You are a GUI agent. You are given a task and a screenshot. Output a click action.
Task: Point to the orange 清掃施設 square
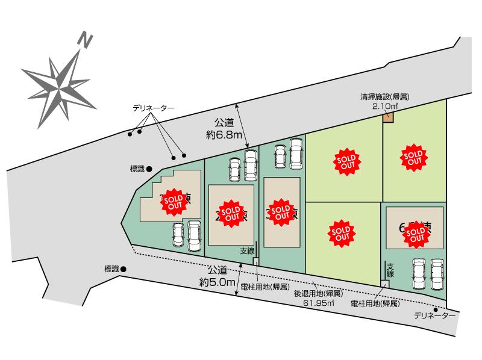388,119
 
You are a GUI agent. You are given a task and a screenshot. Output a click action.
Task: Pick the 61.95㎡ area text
319,303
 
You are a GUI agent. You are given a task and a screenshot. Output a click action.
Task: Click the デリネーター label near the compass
154,108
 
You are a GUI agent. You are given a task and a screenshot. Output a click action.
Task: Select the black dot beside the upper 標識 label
149,169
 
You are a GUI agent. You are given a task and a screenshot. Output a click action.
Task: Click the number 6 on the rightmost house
402,228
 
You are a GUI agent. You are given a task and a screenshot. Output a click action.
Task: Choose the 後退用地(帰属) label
318,294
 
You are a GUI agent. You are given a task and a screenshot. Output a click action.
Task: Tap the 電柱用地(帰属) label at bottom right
375,304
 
